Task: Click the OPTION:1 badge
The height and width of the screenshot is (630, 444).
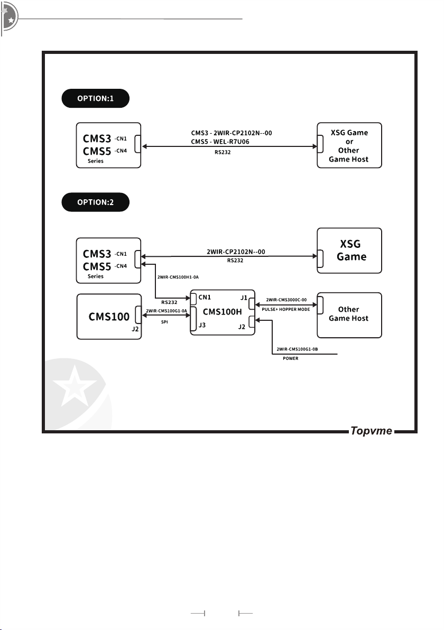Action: click(95, 98)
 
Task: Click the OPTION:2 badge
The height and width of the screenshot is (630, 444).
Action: click(95, 202)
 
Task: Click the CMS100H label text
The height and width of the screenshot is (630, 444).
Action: click(222, 312)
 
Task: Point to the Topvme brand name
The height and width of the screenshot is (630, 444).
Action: click(371, 431)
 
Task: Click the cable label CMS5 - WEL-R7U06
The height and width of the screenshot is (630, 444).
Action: click(220, 142)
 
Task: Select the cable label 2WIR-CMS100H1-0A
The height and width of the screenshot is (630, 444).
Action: click(178, 277)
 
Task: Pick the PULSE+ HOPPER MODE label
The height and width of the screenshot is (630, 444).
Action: click(285, 309)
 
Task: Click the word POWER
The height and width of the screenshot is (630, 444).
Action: click(291, 358)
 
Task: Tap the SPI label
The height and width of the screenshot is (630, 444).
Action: click(164, 322)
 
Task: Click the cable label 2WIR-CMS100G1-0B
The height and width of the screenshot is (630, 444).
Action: click(297, 349)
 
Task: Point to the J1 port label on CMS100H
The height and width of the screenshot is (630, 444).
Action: click(244, 298)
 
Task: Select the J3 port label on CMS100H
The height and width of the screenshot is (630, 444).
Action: click(202, 325)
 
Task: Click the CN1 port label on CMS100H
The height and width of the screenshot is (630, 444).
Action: click(205, 298)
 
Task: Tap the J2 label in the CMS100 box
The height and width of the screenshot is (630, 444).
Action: click(135, 329)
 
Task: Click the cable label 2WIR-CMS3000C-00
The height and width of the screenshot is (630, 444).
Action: click(286, 300)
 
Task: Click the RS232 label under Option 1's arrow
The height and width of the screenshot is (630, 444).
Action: click(223, 152)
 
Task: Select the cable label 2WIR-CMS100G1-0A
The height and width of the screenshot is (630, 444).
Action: click(166, 311)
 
